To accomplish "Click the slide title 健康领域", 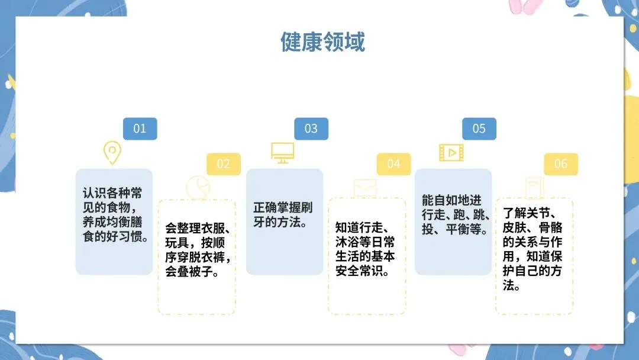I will click(x=322, y=42).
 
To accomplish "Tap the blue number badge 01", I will click(x=140, y=128).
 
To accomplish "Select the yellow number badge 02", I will click(x=223, y=164).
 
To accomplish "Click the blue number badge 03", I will click(x=311, y=128).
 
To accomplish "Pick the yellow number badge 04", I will click(x=393, y=164).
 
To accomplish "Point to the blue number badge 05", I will click(x=479, y=128).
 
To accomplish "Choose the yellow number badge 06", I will click(x=560, y=164).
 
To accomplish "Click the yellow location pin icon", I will click(x=112, y=152).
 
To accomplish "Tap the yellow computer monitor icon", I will click(x=282, y=152).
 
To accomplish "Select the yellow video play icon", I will click(x=451, y=152).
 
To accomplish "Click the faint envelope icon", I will click(x=365, y=187).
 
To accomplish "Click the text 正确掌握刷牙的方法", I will click(x=283, y=216).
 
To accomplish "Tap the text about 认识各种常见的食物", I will click(x=114, y=216).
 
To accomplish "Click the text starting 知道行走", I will click(x=366, y=249).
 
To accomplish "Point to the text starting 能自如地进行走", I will click(x=453, y=214).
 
